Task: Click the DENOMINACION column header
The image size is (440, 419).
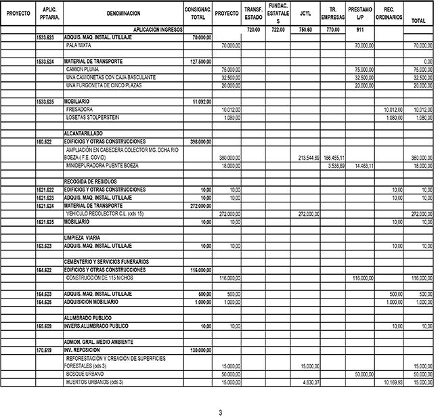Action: click(x=123, y=14)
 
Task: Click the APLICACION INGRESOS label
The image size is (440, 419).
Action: click(x=158, y=30)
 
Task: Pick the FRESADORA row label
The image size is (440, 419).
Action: click(x=80, y=109)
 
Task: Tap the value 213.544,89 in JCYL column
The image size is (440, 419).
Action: click(x=309, y=157)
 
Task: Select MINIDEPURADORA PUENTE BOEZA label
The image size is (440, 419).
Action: click(x=102, y=165)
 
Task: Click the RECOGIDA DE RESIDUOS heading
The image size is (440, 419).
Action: click(x=90, y=181)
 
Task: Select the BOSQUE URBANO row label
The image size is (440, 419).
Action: click(x=86, y=374)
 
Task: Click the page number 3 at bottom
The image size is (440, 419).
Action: click(x=219, y=412)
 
